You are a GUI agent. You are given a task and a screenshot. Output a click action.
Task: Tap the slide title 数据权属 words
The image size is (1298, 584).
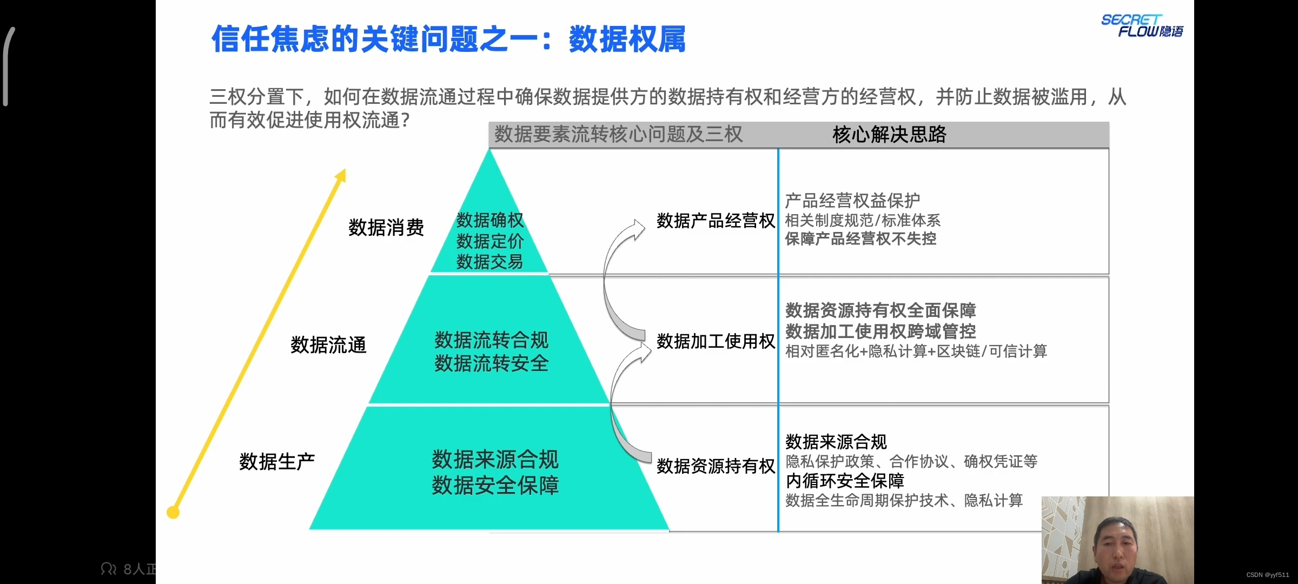tap(627, 39)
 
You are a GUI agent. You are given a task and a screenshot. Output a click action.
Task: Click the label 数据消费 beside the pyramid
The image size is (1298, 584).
tap(386, 228)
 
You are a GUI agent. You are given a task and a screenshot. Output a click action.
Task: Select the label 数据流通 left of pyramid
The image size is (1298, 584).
tap(328, 345)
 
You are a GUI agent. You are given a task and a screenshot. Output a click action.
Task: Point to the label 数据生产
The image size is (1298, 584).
tap(277, 462)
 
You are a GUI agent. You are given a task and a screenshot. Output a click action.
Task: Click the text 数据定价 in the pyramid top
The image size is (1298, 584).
tap(489, 241)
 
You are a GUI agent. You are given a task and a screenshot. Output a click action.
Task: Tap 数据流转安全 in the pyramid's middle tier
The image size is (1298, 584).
tap(491, 363)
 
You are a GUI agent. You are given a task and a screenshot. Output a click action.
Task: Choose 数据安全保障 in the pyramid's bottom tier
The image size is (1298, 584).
tap(495, 486)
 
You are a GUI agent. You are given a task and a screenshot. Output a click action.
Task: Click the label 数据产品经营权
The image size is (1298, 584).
tap(715, 221)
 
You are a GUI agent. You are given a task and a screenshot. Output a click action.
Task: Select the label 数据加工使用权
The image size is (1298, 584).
tap(715, 341)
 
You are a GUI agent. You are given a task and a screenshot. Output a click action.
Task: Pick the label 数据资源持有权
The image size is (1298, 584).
tap(715, 466)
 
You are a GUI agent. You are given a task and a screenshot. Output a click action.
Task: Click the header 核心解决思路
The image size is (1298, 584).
tap(889, 135)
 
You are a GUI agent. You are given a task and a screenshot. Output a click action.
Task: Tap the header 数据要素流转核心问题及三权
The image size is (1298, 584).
tap(618, 135)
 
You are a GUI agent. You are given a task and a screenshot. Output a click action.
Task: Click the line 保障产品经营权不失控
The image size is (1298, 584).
tap(860, 239)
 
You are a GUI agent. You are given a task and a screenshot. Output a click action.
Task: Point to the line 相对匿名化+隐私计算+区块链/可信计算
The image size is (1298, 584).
tap(916, 351)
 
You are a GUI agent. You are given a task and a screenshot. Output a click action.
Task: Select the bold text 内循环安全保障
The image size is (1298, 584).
tap(844, 481)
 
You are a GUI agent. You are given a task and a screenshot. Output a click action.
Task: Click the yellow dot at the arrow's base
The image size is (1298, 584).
tap(173, 512)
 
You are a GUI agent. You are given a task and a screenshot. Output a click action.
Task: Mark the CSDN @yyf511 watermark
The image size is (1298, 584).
tap(1267, 575)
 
